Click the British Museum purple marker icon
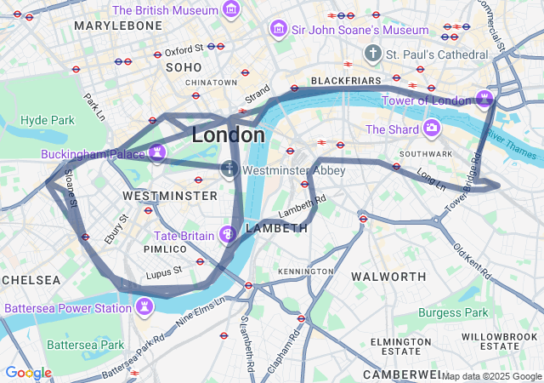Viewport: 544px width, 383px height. pyautogui.click(x=230, y=10)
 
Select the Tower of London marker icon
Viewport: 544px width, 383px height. pyautogui.click(x=484, y=99)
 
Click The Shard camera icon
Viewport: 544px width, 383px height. pyautogui.click(x=432, y=129)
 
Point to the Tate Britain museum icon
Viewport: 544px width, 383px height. pyautogui.click(x=228, y=234)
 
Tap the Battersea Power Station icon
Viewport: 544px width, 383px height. pyautogui.click(x=144, y=306)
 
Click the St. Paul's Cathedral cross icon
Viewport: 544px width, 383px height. pyautogui.click(x=372, y=54)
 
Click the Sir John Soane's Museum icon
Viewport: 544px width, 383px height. pyautogui.click(x=278, y=30)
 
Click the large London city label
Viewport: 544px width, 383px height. pyautogui.click(x=228, y=134)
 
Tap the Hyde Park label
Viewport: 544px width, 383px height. pyautogui.click(x=48, y=120)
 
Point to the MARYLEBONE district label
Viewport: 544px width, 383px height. pyautogui.click(x=117, y=26)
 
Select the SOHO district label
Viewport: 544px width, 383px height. pyautogui.click(x=184, y=67)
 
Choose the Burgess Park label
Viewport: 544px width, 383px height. pyautogui.click(x=453, y=312)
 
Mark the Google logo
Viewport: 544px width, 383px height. pyautogui.click(x=28, y=372)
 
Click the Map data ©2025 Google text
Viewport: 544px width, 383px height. pyautogui.click(x=491, y=376)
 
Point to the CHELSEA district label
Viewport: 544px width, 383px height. pyautogui.click(x=31, y=279)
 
